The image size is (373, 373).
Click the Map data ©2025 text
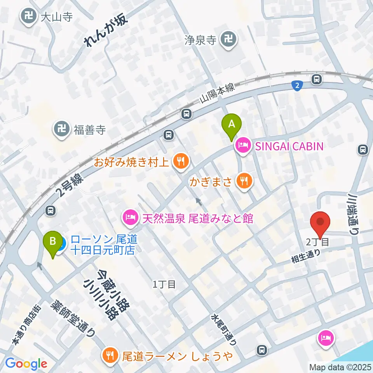(x=340, y=366)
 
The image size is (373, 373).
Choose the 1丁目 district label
(x=164, y=284)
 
